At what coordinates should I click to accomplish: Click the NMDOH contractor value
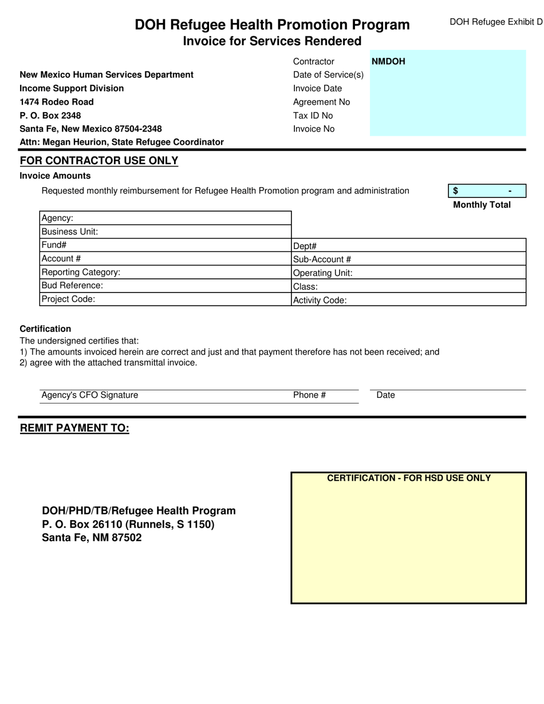click(x=388, y=61)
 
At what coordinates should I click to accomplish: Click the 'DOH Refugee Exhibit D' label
click(x=495, y=22)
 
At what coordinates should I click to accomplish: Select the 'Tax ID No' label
click(x=313, y=116)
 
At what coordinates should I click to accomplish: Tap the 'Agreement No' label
click(x=321, y=102)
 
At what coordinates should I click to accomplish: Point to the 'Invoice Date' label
click(x=317, y=88)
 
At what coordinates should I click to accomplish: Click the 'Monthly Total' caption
click(x=482, y=205)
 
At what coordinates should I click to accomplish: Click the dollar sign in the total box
click(x=456, y=191)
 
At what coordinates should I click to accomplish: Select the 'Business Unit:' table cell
click(x=165, y=232)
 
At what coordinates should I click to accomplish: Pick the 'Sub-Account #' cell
click(x=409, y=259)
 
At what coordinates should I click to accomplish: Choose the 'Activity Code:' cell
click(x=409, y=300)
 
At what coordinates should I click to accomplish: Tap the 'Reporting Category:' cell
click(x=165, y=272)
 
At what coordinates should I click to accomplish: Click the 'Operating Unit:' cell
click(x=409, y=273)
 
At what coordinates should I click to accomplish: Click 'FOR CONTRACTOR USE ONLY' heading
click(x=99, y=161)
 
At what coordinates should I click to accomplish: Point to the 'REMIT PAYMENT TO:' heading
click(x=74, y=428)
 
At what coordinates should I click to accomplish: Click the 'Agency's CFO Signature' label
click(x=90, y=395)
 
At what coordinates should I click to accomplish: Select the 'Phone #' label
click(x=309, y=395)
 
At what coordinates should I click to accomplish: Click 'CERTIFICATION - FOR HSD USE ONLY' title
click(x=408, y=478)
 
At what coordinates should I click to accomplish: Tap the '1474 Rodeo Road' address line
click(x=57, y=102)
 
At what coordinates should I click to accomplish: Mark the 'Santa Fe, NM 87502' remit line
click(x=92, y=538)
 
